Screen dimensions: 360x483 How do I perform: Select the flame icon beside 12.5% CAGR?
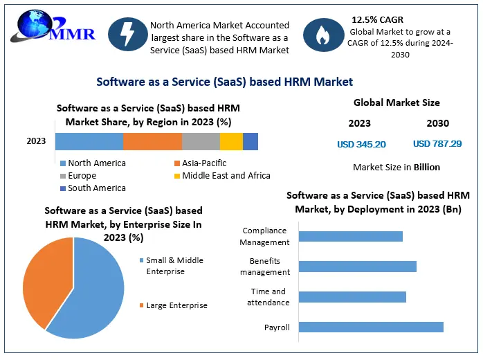(322, 37)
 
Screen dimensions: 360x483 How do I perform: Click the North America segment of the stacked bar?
(89, 141)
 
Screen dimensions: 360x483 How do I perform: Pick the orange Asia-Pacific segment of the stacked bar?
(152, 141)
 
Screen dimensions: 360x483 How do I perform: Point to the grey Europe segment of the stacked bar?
(201, 141)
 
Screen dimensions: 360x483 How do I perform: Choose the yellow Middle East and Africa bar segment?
(231, 141)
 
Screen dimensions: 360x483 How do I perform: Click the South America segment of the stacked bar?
(250, 141)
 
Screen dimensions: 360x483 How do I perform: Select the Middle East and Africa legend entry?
(221, 176)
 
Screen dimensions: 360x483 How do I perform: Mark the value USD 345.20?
(361, 144)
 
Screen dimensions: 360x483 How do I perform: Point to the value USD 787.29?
(437, 144)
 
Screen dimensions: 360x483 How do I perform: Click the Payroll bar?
(371, 327)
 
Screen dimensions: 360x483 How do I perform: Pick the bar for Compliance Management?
(350, 236)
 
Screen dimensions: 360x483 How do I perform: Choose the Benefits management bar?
(357, 267)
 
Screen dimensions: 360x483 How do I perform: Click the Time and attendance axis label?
(268, 297)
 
